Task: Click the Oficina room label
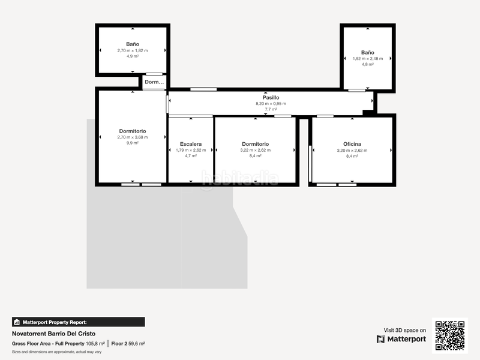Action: (352, 144)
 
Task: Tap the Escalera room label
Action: (190, 144)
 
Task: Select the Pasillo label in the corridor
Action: (271, 97)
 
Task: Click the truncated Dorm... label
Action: (154, 82)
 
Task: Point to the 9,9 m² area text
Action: (132, 143)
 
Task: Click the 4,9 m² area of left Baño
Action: (132, 56)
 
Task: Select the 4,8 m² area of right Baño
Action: (367, 64)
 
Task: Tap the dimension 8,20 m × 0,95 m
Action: (271, 103)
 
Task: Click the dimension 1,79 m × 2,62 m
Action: (190, 150)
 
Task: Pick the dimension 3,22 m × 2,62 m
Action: (255, 150)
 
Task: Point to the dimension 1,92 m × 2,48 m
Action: (367, 58)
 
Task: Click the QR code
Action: (449, 335)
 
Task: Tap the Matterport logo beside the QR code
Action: (401, 339)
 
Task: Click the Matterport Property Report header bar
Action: (78, 322)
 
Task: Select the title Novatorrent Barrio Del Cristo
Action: (53, 334)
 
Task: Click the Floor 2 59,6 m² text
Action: (128, 344)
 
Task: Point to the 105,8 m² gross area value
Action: (95, 344)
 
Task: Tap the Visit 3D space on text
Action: (405, 330)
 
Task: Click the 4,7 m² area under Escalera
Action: (190, 156)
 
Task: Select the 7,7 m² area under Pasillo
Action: (271, 109)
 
